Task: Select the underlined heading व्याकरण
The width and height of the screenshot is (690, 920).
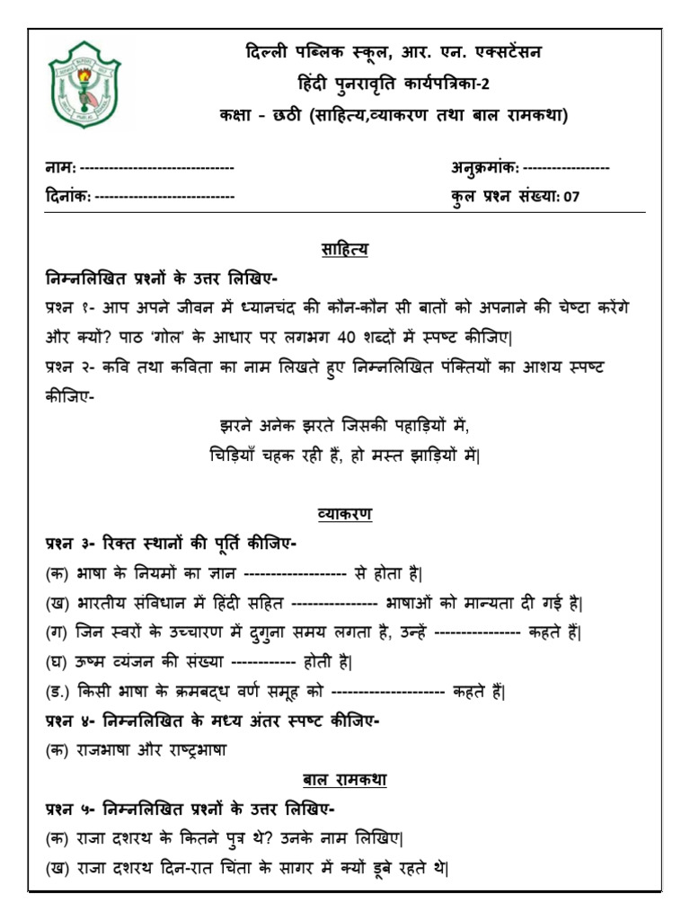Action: coord(345,515)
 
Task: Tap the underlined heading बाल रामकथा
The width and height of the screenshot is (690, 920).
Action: coord(345,780)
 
